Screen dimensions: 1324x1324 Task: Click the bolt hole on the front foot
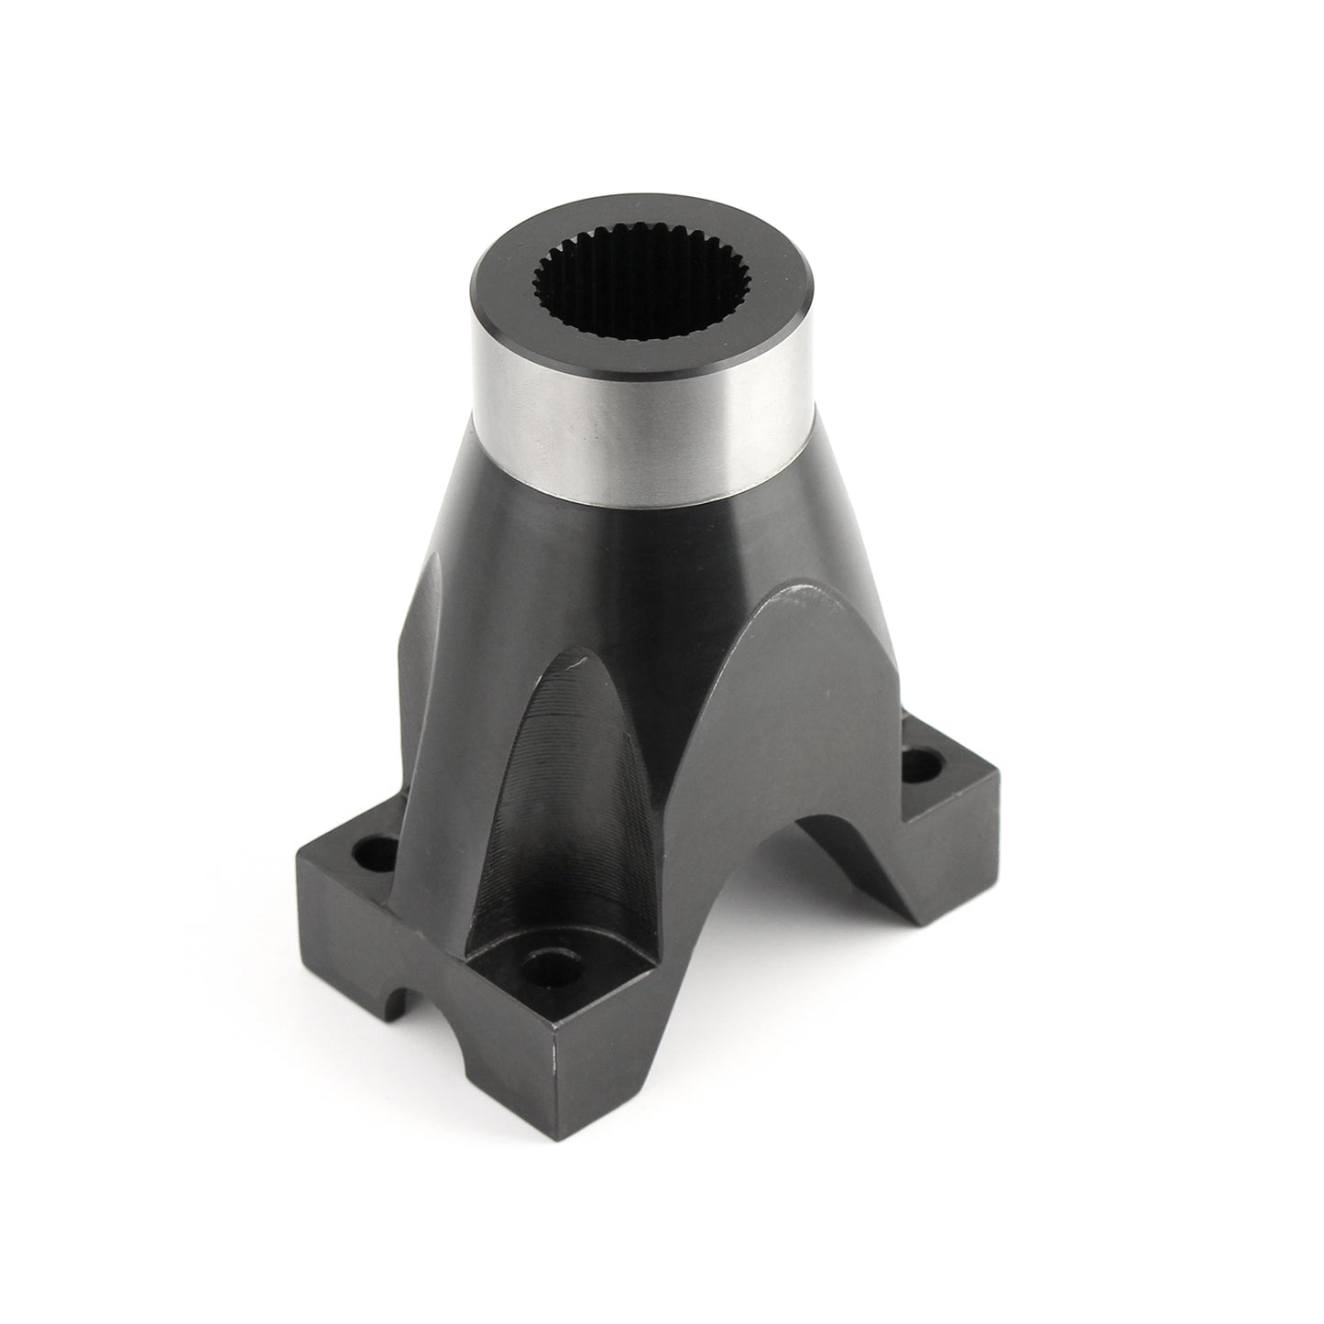click(x=549, y=961)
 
